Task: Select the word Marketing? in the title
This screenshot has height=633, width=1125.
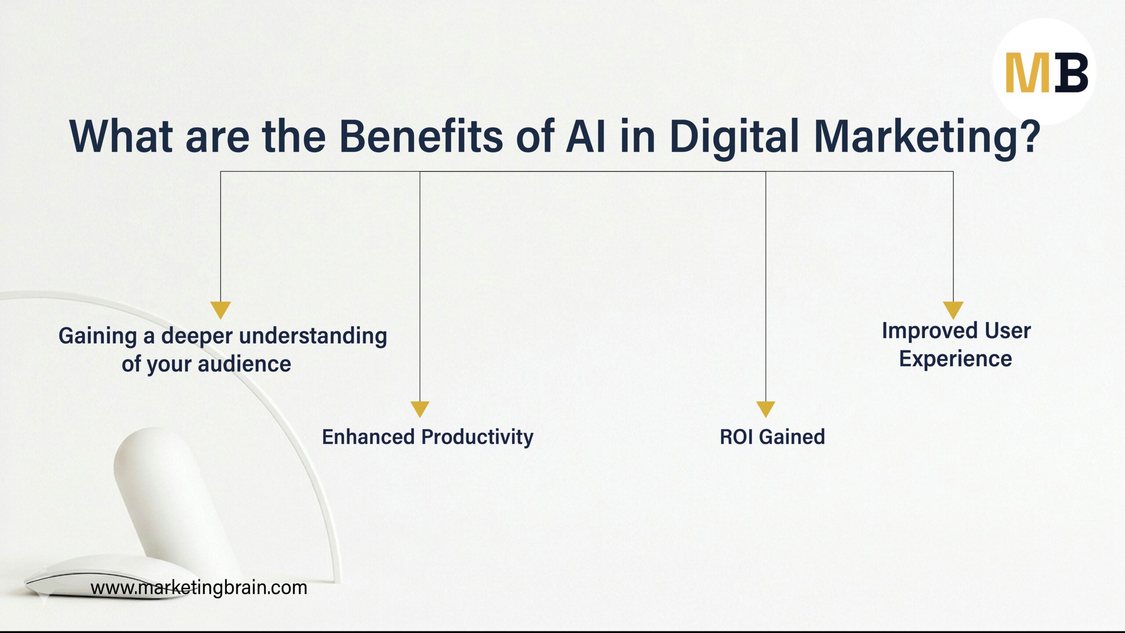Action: click(x=927, y=137)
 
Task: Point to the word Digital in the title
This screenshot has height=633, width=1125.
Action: click(x=734, y=137)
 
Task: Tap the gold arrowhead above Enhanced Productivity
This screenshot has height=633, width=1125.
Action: click(x=420, y=408)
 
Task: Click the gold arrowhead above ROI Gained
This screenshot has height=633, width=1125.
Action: click(x=766, y=408)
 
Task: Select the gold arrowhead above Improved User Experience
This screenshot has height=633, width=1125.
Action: click(x=953, y=309)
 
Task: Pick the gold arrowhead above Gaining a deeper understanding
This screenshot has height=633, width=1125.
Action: click(x=220, y=309)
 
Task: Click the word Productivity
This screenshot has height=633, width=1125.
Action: click(x=477, y=437)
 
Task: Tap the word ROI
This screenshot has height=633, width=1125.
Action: click(x=736, y=437)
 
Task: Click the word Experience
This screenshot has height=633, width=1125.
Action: click(x=955, y=360)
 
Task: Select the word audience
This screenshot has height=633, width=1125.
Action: click(x=244, y=364)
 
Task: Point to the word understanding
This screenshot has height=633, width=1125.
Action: click(x=313, y=336)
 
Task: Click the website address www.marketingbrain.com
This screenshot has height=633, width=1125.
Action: click(x=199, y=588)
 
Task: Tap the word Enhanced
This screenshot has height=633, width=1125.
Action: click(x=368, y=437)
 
